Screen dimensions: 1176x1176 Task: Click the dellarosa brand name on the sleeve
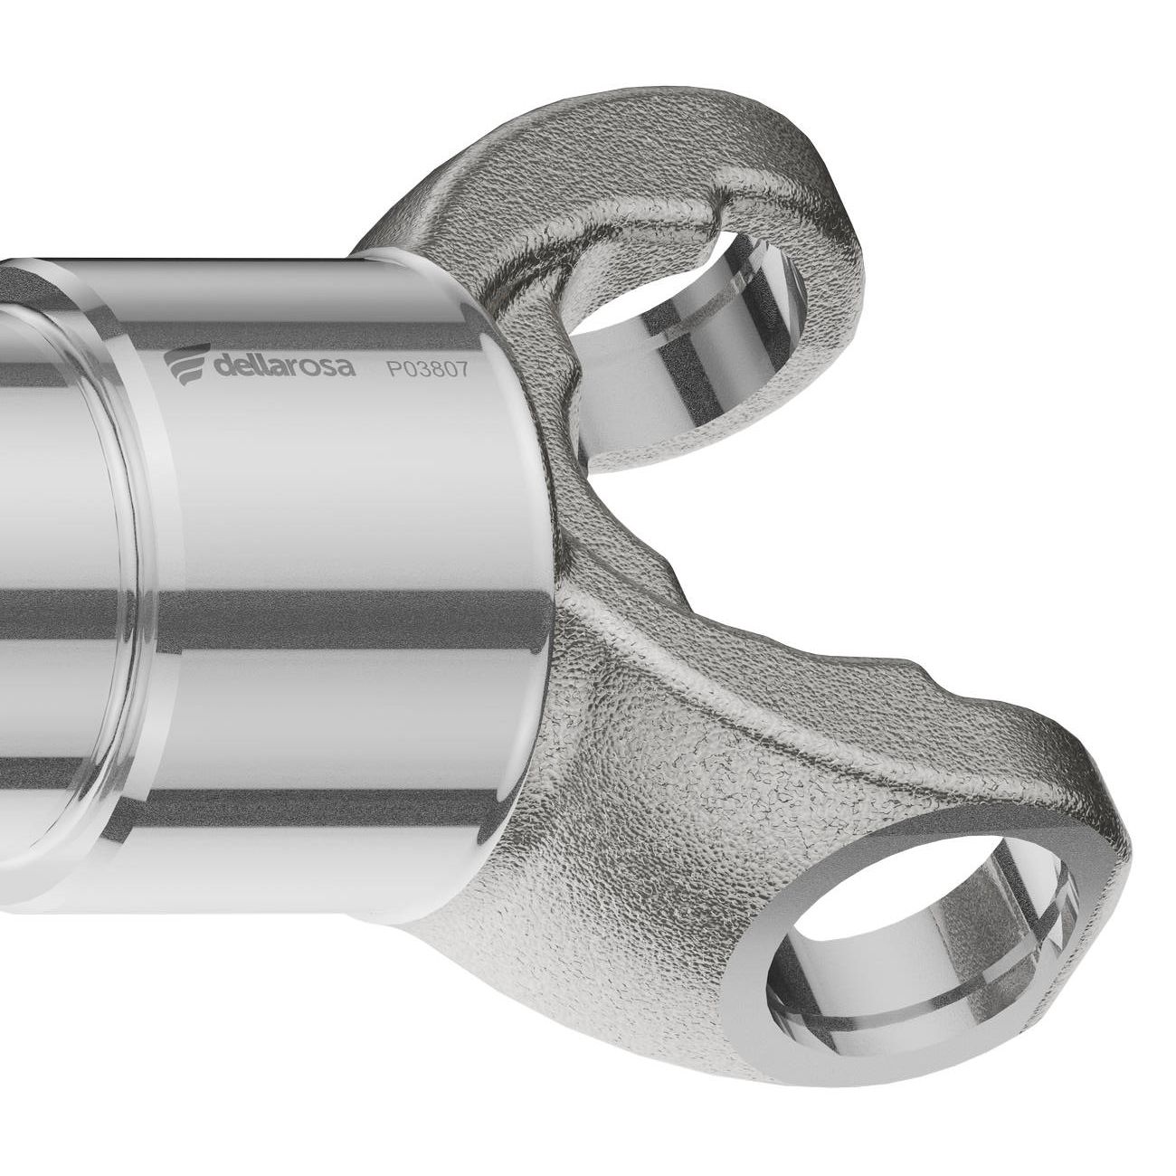tap(285, 365)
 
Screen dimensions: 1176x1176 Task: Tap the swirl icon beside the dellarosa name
tap(188, 365)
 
